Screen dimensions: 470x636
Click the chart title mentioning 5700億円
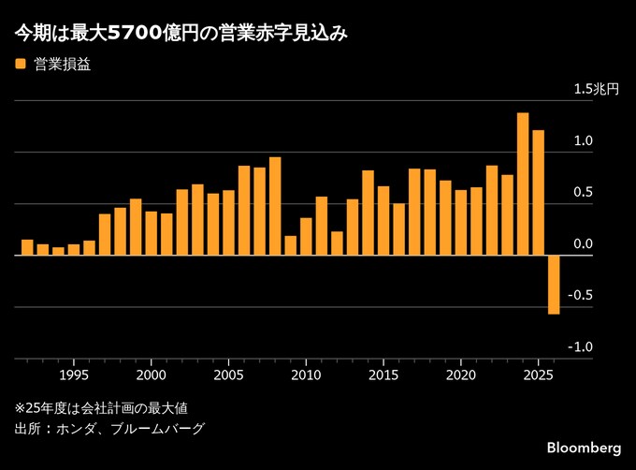(x=181, y=35)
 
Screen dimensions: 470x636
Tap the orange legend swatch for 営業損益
(x=20, y=65)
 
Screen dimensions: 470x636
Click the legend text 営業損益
(x=62, y=65)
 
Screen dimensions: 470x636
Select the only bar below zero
(x=554, y=285)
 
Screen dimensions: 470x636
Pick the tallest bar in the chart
(x=523, y=184)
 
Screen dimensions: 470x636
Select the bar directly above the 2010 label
(x=306, y=236)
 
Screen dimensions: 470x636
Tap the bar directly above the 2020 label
(x=461, y=222)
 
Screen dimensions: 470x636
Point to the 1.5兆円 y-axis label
(x=596, y=90)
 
